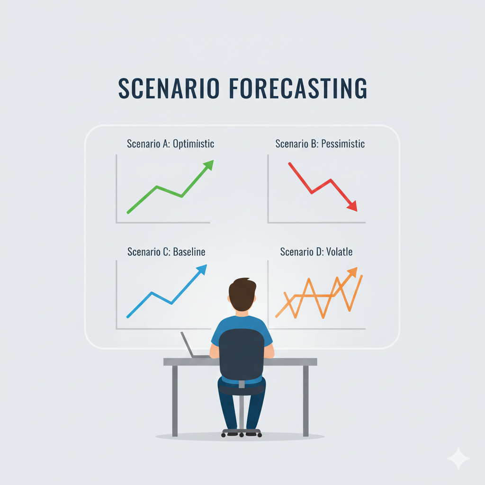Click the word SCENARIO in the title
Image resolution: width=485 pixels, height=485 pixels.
pyautogui.click(x=169, y=88)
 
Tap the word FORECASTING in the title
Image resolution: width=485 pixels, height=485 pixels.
pyautogui.click(x=298, y=88)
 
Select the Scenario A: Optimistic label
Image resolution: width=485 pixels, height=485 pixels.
pyautogui.click(x=171, y=144)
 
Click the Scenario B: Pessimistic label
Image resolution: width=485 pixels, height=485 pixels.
pyautogui.click(x=320, y=144)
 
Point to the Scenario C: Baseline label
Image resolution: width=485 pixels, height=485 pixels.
pyautogui.click(x=166, y=252)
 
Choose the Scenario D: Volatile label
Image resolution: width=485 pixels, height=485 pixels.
pyautogui.click(x=316, y=252)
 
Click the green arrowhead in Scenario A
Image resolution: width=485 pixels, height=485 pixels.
pyautogui.click(x=208, y=165)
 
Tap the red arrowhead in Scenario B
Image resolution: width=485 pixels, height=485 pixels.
pyautogui.click(x=352, y=206)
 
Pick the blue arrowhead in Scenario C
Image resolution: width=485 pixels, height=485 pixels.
pyautogui.click(x=202, y=269)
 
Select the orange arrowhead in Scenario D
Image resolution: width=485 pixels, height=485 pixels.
pyautogui.click(x=352, y=272)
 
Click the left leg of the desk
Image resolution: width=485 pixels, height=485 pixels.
pyautogui.click(x=175, y=401)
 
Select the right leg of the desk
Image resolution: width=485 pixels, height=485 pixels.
pyautogui.click(x=305, y=401)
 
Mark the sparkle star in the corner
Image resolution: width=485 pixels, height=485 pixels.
pyautogui.click(x=458, y=458)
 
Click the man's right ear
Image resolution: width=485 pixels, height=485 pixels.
pyautogui.click(x=255, y=299)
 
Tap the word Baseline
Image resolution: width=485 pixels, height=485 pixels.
pyautogui.click(x=189, y=252)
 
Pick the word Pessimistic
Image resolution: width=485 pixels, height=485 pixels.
pyautogui.click(x=343, y=144)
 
